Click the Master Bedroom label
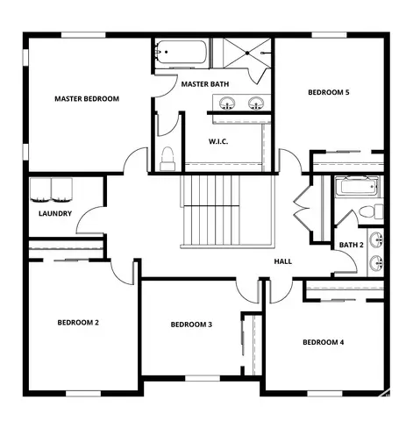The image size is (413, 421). [x=86, y=98]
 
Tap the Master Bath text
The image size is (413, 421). [x=205, y=84]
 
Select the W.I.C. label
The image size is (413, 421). [x=218, y=141]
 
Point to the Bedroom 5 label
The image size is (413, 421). [x=328, y=92]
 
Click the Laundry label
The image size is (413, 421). [x=54, y=213]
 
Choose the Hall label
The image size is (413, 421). [x=282, y=261]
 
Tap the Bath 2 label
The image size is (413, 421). [x=351, y=245]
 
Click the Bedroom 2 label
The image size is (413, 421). [x=78, y=323]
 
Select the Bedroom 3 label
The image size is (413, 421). [x=191, y=325]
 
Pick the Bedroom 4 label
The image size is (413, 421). [x=323, y=342]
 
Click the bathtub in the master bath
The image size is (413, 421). [x=182, y=54]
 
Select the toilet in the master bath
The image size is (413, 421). [x=168, y=158]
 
